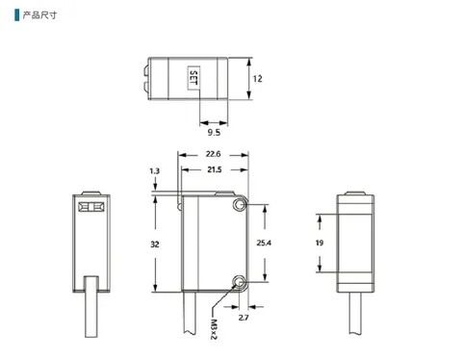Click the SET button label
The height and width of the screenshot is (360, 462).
[193, 78]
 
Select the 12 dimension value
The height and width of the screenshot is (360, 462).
[257, 79]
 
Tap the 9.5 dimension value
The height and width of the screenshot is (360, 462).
[214, 132]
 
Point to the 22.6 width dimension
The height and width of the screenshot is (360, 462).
[213, 154]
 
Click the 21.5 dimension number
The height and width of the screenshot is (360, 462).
[215, 169]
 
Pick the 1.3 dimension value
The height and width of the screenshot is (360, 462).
[154, 171]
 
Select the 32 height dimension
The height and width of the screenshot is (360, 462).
[155, 244]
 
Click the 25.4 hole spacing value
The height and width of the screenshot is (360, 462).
[264, 243]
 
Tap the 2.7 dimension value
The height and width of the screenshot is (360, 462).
[244, 318]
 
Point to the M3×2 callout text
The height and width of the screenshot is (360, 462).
[214, 329]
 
